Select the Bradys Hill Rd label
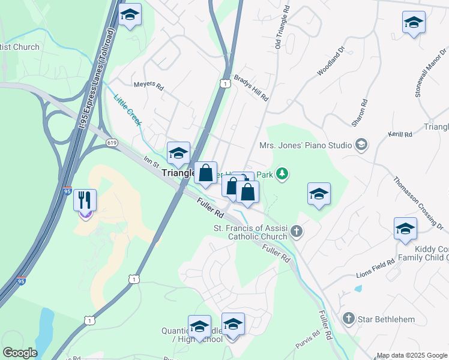click(x=252, y=93)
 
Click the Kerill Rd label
click(x=400, y=135)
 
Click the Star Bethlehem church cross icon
click(x=349, y=319)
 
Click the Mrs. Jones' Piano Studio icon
click(x=361, y=145)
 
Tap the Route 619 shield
click(x=112, y=143)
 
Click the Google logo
click(x=20, y=353)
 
